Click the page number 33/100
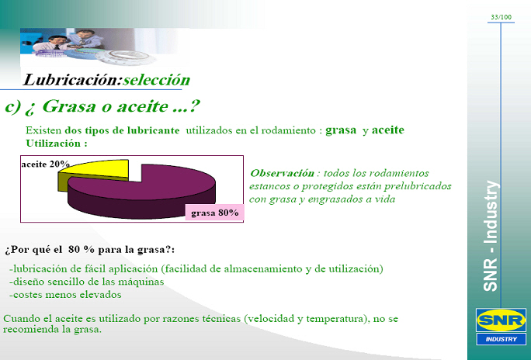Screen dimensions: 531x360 [x=501, y=17]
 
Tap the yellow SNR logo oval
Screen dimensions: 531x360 [x=501, y=320]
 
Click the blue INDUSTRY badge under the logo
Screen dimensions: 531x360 [x=501, y=339]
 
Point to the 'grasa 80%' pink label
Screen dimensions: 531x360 [x=215, y=213]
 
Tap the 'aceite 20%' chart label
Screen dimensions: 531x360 [x=45, y=164]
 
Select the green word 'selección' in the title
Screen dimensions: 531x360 [x=156, y=80]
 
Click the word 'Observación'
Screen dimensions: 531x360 [x=282, y=173]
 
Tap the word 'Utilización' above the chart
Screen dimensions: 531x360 [x=53, y=143]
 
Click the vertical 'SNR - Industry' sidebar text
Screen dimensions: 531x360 [x=491, y=236]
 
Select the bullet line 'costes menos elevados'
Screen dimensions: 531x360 [x=65, y=295]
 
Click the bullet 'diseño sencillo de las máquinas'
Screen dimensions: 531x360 [x=87, y=282]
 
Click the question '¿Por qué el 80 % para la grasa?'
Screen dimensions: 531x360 [x=89, y=250]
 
